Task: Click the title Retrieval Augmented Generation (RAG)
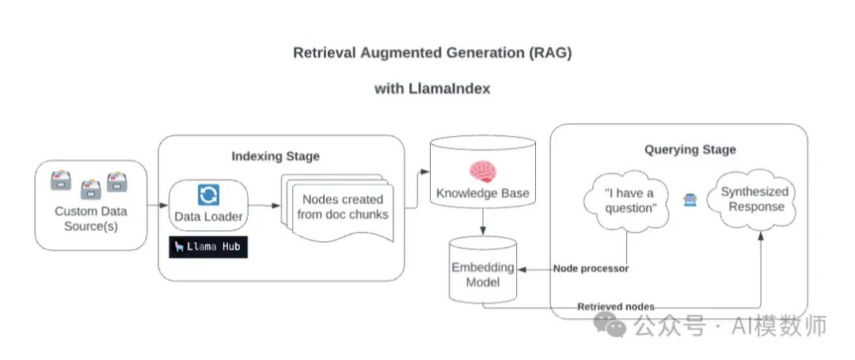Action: [432, 54]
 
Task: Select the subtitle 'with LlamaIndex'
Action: [432, 89]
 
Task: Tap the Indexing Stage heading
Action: [275, 156]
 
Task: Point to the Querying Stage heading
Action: [689, 149]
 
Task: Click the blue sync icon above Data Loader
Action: [209, 195]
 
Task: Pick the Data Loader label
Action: [209, 216]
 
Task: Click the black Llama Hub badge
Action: [209, 247]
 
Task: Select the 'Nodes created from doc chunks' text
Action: [343, 207]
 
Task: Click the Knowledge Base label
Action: [481, 193]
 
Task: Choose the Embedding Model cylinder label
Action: [483, 275]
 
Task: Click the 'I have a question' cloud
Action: [629, 201]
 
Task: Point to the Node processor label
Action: [591, 269]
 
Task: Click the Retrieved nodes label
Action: [615, 306]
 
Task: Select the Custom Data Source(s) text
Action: [90, 219]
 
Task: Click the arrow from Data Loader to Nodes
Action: [265, 205]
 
